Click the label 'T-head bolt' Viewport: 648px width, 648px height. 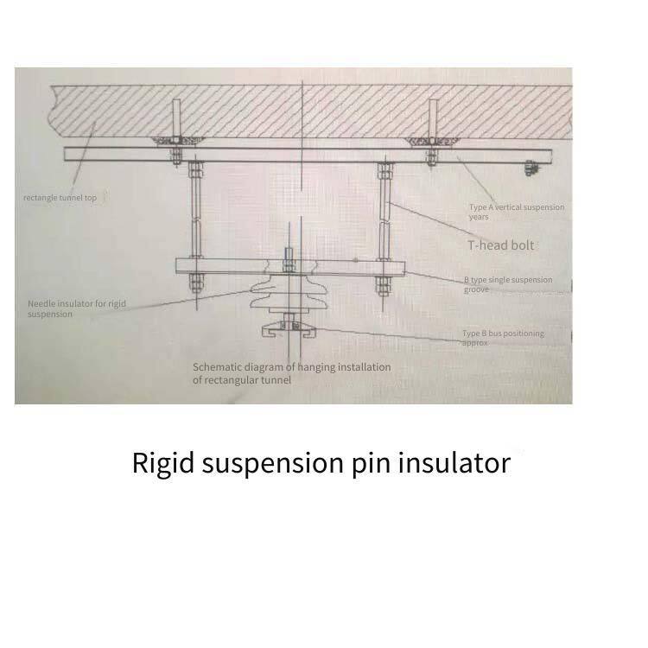tap(502, 245)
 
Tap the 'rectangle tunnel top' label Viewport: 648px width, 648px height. tap(60, 198)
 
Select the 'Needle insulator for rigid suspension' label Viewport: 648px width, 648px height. tap(75, 308)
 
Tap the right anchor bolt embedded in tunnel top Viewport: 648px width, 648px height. tap(429, 121)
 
